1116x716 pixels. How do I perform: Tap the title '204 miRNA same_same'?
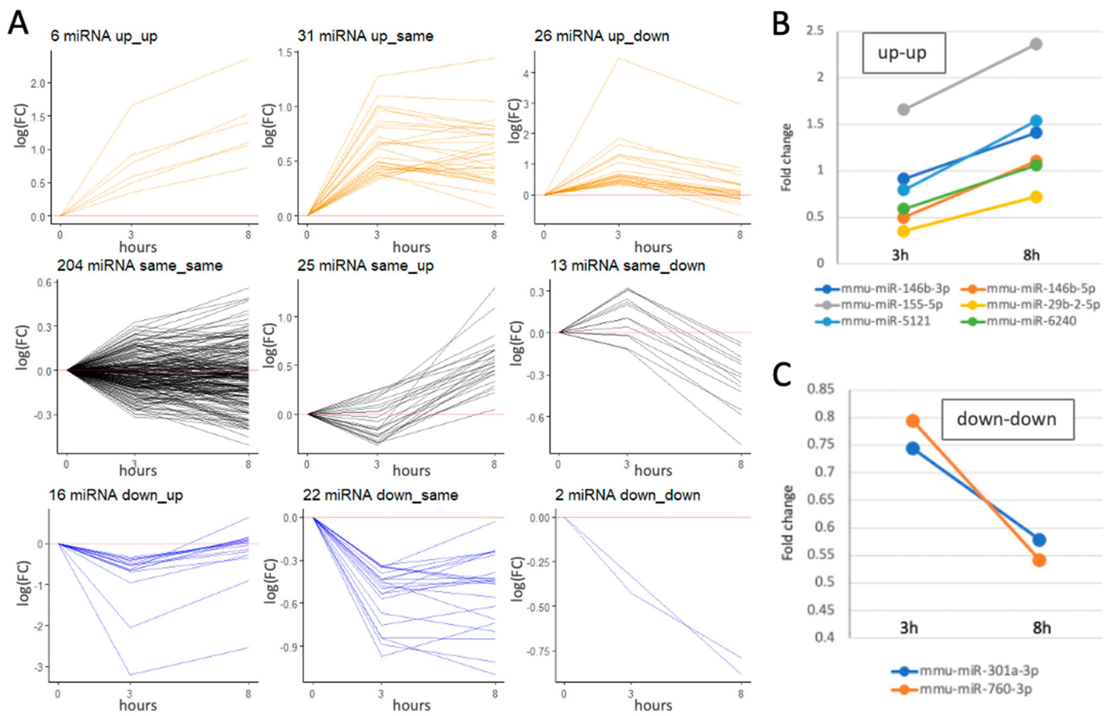pyautogui.click(x=140, y=266)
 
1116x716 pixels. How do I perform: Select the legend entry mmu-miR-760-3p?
pyautogui.click(x=975, y=689)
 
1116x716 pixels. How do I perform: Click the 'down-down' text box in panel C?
pyautogui.click(x=1008, y=419)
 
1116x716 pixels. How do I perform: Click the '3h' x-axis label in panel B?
pyautogui.click(x=900, y=255)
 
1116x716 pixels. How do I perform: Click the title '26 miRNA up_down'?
pyautogui.click(x=602, y=36)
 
